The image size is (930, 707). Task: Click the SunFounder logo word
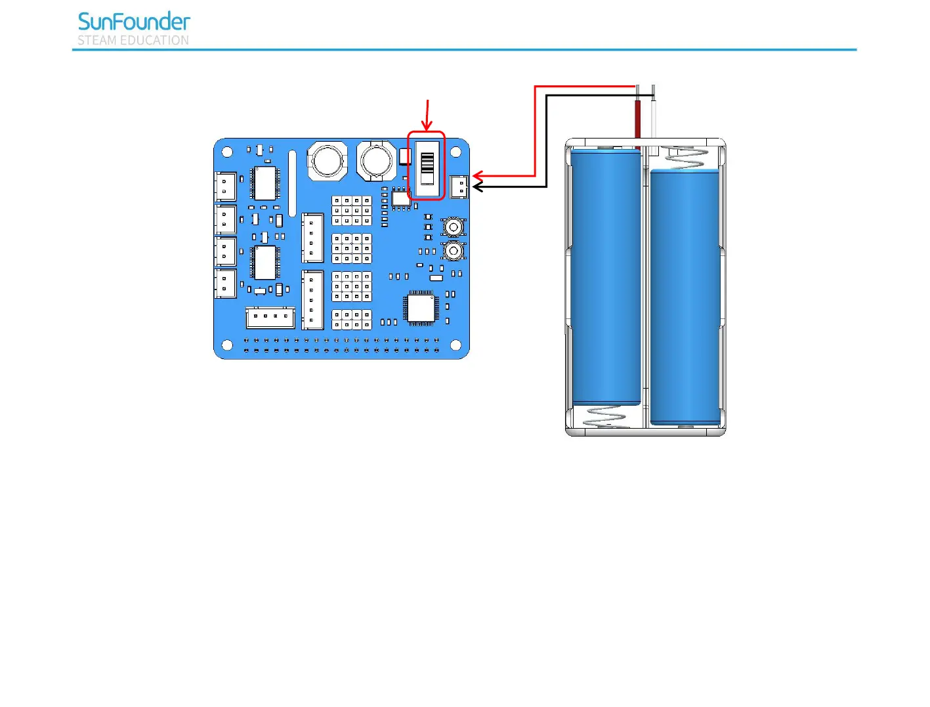click(134, 22)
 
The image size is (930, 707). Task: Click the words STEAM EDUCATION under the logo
click(133, 41)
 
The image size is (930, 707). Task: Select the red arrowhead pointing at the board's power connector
click(477, 176)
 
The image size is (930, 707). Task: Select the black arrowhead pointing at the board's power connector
click(477, 187)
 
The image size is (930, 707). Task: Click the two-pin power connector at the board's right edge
click(459, 187)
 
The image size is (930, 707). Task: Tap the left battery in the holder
click(606, 276)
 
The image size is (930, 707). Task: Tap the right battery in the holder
click(685, 295)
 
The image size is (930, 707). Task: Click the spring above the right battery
click(687, 158)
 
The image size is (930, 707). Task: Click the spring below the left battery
click(604, 416)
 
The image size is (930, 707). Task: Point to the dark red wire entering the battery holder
click(637, 118)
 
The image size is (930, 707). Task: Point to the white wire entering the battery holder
click(654, 118)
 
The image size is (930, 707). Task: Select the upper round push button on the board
click(453, 227)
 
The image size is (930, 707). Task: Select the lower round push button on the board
click(453, 251)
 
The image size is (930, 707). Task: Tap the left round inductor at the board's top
click(327, 160)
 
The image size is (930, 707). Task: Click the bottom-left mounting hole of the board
click(227, 345)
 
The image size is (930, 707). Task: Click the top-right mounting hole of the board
click(455, 152)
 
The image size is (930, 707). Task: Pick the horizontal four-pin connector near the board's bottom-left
click(270, 318)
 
